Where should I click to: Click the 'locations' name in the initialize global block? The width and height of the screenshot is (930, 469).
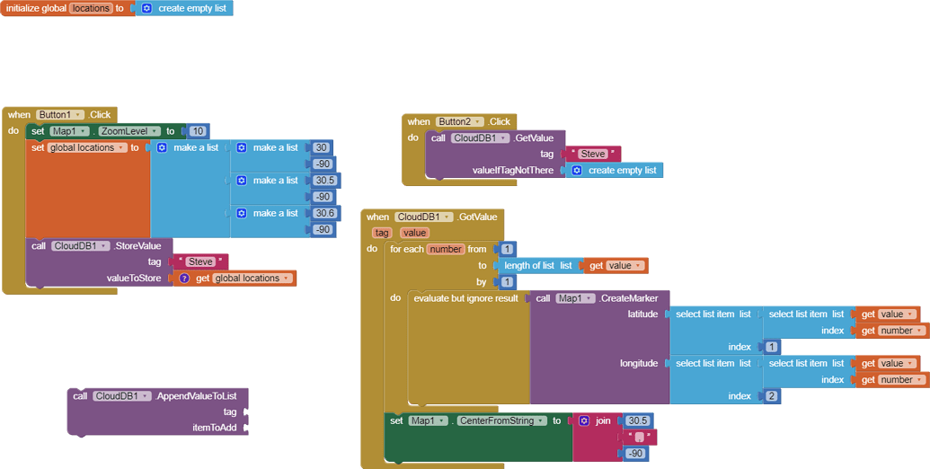point(90,8)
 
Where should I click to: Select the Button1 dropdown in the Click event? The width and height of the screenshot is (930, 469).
point(60,115)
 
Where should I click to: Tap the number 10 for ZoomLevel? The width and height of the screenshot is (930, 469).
point(198,131)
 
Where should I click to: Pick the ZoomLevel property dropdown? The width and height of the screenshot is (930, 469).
point(129,131)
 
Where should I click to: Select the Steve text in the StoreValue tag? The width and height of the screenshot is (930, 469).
point(199,262)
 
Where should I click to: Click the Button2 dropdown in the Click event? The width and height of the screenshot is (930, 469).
point(460,121)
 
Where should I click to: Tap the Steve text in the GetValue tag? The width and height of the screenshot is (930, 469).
point(593,155)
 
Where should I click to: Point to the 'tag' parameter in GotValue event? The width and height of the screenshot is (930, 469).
point(382,233)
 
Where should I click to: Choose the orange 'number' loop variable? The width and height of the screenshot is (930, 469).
point(446,249)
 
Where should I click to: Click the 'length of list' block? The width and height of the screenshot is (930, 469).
point(537,265)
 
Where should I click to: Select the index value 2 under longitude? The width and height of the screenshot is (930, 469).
point(772,396)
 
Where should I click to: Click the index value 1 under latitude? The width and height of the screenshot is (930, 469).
point(772,347)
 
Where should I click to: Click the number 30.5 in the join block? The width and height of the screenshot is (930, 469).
point(637,420)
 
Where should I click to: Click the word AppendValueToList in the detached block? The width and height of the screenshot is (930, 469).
point(201,396)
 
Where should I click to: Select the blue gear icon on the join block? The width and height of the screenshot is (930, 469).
point(584,420)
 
